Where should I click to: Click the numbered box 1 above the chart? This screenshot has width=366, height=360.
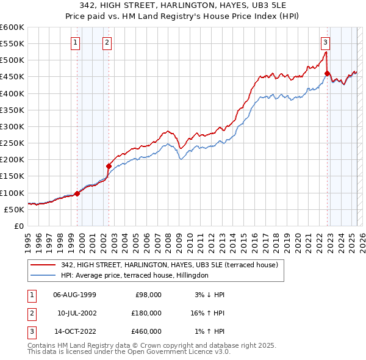[x=75, y=43]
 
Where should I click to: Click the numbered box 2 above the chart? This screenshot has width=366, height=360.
[x=107, y=43]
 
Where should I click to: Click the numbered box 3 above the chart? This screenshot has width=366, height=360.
[x=326, y=43]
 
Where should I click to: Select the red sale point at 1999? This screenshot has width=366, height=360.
[x=77, y=193]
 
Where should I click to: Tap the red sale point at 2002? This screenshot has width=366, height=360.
[x=109, y=166]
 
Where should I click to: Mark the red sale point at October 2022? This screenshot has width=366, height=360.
[x=328, y=74]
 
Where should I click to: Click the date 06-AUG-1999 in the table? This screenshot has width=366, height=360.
[x=75, y=295]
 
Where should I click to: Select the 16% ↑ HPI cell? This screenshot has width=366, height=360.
[x=206, y=313]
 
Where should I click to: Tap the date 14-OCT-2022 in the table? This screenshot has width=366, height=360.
[x=75, y=331]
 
